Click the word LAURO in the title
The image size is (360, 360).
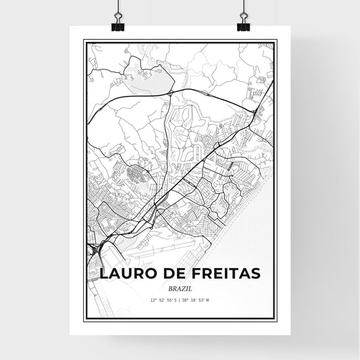(x=124, y=274)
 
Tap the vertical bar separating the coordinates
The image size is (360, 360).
(x=180, y=299)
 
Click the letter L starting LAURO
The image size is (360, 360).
(x=104, y=274)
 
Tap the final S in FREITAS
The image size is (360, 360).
(x=255, y=274)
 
